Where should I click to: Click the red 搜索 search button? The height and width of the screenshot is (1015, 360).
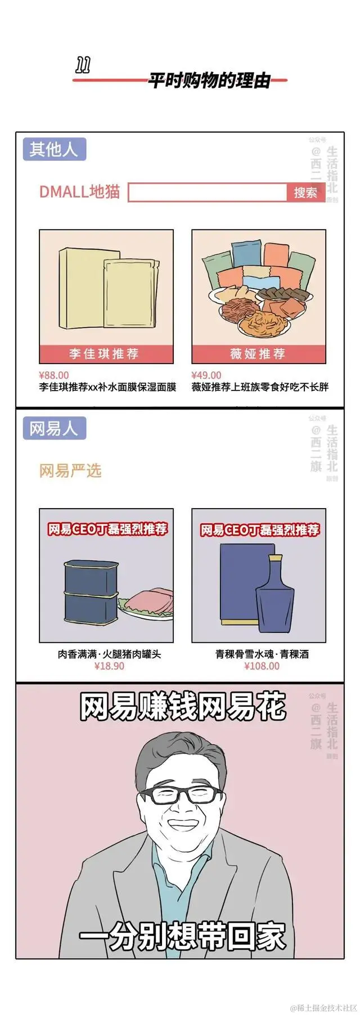[x=305, y=192]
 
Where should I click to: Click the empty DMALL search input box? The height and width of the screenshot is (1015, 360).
[x=208, y=192]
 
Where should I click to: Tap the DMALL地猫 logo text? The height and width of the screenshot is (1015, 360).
[x=79, y=191]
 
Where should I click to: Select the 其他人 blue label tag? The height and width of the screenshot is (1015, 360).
[x=54, y=150]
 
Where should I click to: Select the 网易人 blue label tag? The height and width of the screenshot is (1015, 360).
[x=54, y=429]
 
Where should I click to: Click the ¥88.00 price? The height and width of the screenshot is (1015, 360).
[x=54, y=375]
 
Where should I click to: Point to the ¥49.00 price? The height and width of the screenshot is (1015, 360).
[x=206, y=375]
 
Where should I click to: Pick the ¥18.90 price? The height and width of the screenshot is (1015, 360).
[x=109, y=666]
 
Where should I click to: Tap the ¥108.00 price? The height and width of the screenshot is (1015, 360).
[x=262, y=666]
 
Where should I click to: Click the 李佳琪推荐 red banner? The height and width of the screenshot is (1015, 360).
[x=106, y=354]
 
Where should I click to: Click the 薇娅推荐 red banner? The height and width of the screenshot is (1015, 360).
[x=258, y=354]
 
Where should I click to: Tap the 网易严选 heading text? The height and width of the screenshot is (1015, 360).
[x=70, y=470]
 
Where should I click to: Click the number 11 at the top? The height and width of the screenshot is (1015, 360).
[x=83, y=67]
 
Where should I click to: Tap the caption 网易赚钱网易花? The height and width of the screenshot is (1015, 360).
[x=182, y=707]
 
